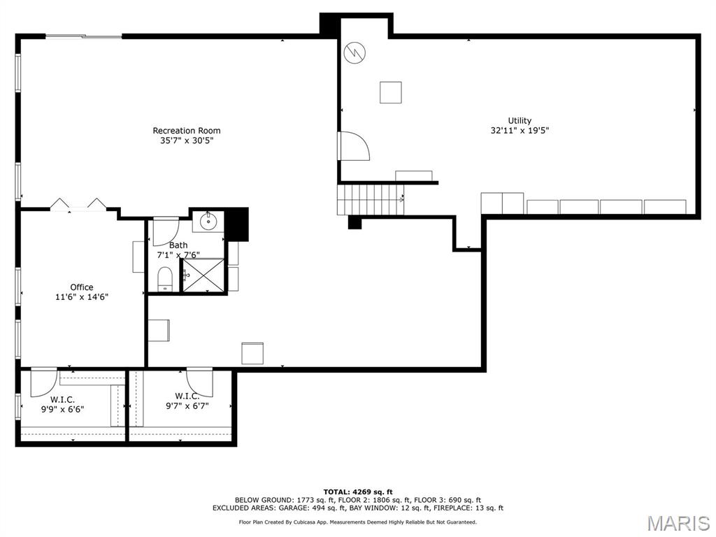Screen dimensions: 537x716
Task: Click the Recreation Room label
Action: pos(187,131)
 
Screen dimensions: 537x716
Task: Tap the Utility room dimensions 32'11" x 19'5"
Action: pos(520,130)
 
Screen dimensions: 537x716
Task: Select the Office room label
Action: pos(81,287)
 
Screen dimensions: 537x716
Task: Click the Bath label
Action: pos(178,245)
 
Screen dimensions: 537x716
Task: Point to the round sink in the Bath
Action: pos(208,222)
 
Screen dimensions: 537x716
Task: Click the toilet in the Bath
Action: pos(165,278)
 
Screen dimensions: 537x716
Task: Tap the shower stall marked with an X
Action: pos(203,275)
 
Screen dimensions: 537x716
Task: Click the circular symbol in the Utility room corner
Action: pos(354,52)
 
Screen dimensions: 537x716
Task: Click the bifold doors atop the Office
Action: pos(78,204)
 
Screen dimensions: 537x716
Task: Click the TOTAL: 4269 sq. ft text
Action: pos(357,492)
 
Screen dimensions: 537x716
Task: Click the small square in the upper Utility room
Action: pos(390,92)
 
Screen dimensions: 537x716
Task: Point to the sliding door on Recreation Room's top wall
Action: pos(84,36)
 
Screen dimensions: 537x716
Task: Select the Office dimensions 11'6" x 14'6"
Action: pos(81,297)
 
